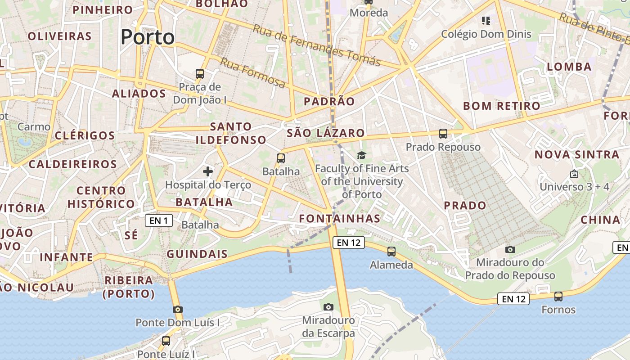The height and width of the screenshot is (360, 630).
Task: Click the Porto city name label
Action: click(148, 37)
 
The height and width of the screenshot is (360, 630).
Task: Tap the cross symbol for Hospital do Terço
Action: click(208, 171)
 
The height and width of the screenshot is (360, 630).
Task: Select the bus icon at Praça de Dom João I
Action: click(200, 73)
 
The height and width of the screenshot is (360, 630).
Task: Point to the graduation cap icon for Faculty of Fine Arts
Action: click(362, 156)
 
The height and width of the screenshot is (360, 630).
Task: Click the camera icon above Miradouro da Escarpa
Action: click(328, 307)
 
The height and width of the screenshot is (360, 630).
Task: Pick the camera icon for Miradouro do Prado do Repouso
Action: click(510, 249)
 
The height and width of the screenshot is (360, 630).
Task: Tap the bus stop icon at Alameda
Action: click(391, 252)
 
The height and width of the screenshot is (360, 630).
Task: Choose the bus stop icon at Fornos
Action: click(558, 297)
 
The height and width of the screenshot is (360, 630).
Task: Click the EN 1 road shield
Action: click(159, 220)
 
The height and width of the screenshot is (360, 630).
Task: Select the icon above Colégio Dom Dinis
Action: click(486, 21)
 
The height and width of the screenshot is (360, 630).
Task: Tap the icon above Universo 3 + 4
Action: click(574, 174)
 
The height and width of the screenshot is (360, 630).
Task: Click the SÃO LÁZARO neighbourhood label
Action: click(326, 133)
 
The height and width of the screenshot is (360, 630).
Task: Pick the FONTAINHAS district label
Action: click(340, 219)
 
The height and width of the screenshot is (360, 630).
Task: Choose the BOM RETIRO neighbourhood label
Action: click(502, 106)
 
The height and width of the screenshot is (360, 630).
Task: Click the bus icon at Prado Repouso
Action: click(443, 134)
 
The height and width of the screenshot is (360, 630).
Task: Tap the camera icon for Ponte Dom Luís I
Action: click(178, 310)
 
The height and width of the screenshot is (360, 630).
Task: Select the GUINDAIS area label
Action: click(197, 254)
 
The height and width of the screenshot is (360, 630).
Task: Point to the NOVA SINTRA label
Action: click(577, 155)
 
